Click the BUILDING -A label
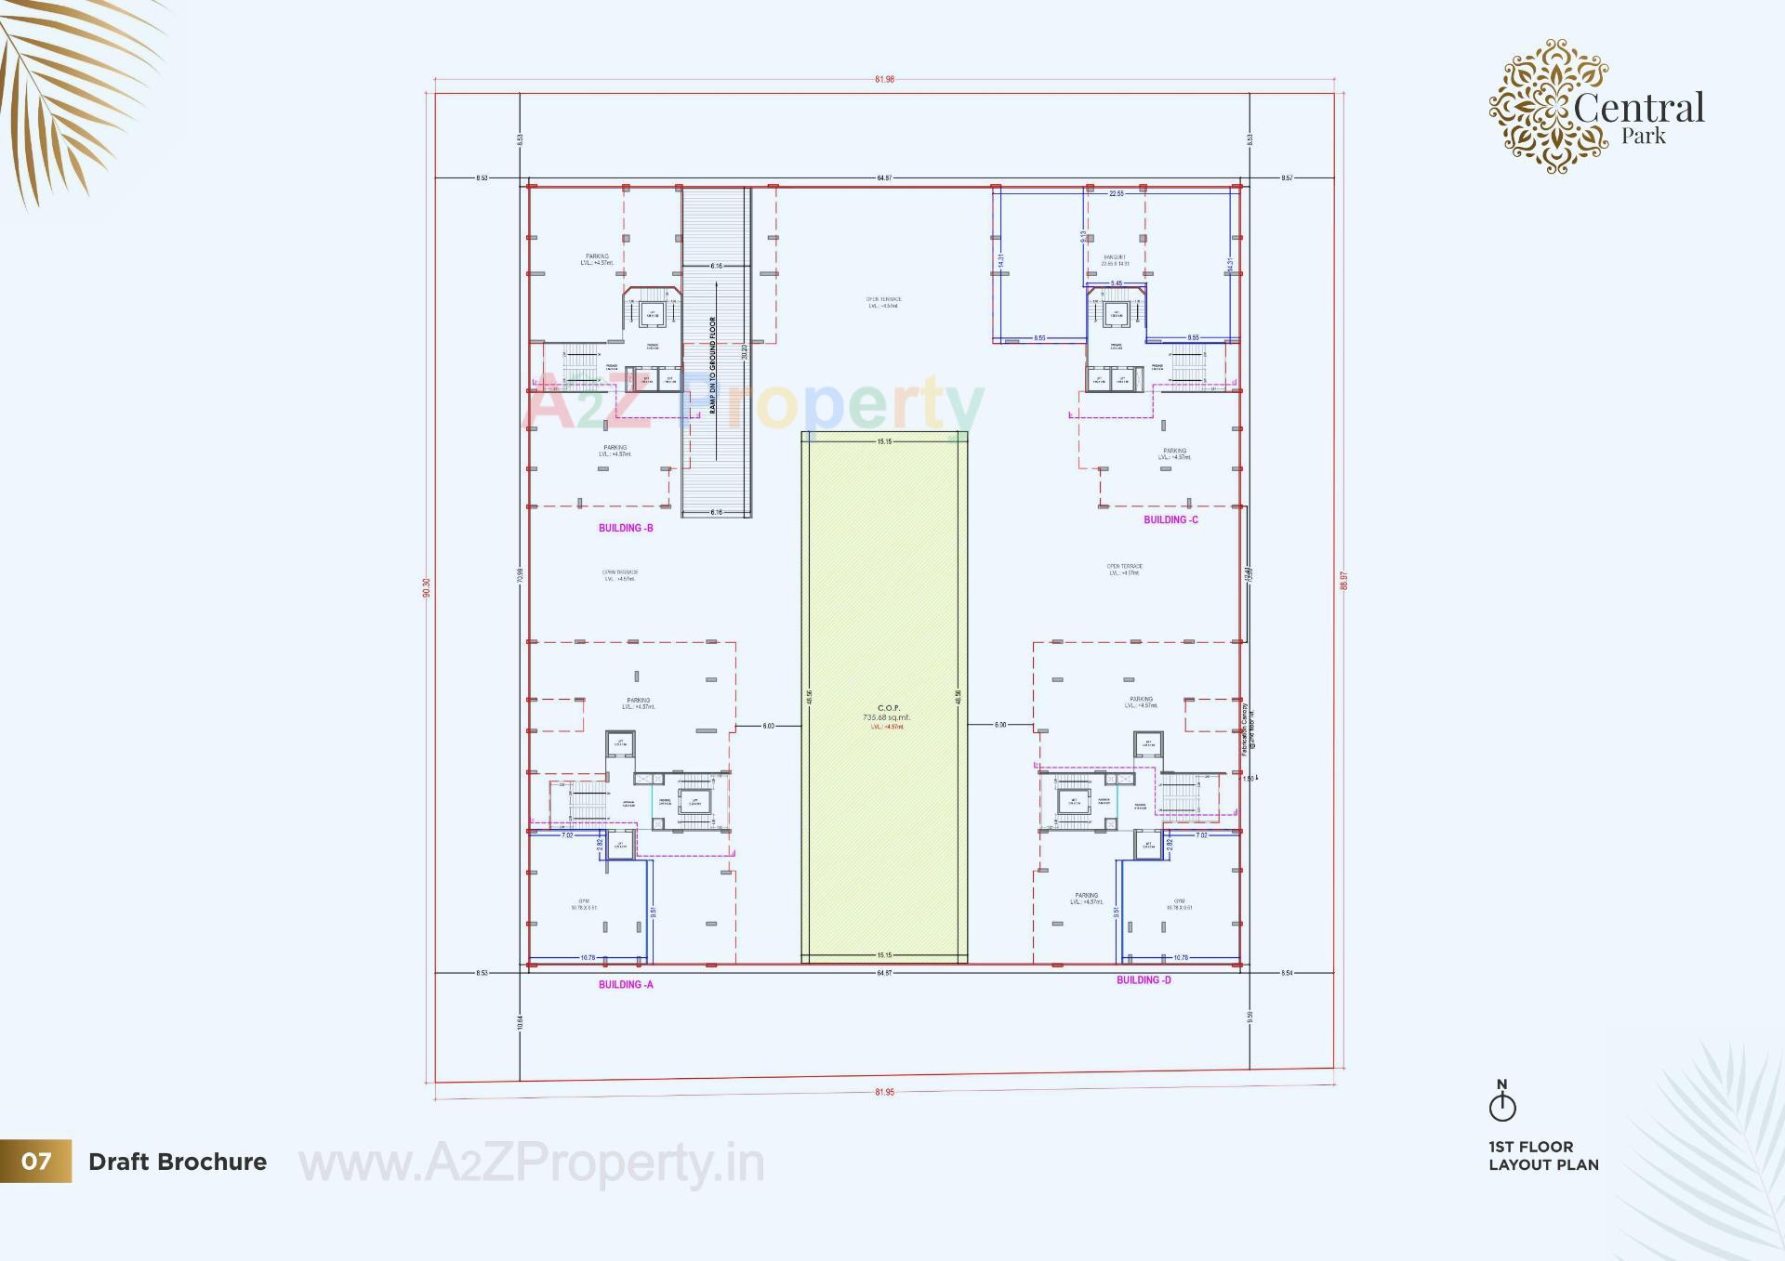pyautogui.click(x=626, y=984)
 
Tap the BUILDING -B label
pyautogui.click(x=626, y=528)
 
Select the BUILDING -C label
pyautogui.click(x=1170, y=519)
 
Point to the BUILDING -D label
pyautogui.click(x=1144, y=979)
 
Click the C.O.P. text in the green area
pyautogui.click(x=888, y=708)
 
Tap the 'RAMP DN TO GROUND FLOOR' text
pyautogui.click(x=713, y=365)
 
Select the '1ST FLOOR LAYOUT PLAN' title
pyautogui.click(x=1543, y=1155)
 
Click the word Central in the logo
pyautogui.click(x=1638, y=108)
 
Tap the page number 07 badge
pyautogui.click(x=36, y=1162)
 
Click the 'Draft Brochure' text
pyautogui.click(x=178, y=1162)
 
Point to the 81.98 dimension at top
pyautogui.click(x=884, y=80)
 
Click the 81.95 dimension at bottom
pyautogui.click(x=884, y=1092)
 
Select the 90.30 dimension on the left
pyautogui.click(x=427, y=587)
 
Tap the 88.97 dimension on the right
pyautogui.click(x=1343, y=581)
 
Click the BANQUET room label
pyautogui.click(x=1114, y=257)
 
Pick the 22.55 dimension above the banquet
pyautogui.click(x=1116, y=194)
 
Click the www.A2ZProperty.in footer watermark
pyautogui.click(x=531, y=1163)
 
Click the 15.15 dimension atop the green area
pyautogui.click(x=884, y=441)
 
